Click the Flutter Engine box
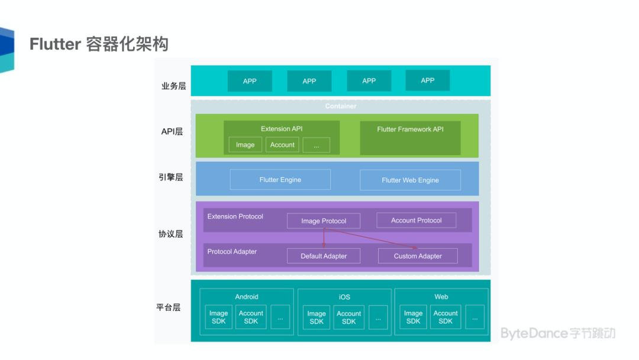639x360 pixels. [280, 179]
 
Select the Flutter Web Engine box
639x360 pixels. [410, 180]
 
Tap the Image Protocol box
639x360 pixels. [323, 221]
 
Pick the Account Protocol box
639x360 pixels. [416, 220]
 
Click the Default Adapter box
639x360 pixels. [323, 256]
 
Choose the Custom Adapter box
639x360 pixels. [418, 256]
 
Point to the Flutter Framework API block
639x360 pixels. [410, 137]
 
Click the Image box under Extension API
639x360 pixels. [245, 144]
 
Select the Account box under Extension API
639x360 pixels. [282, 144]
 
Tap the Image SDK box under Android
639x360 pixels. [218, 317]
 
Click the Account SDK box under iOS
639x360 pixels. [348, 317]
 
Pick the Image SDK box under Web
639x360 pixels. [413, 317]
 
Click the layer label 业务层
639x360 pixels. [173, 86]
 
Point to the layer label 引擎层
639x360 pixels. [171, 177]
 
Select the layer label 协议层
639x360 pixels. [170, 234]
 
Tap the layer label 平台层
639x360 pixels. [169, 307]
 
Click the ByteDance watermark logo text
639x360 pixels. [557, 333]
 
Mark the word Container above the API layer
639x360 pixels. [341, 106]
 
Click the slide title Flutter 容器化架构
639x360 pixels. [99, 44]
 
